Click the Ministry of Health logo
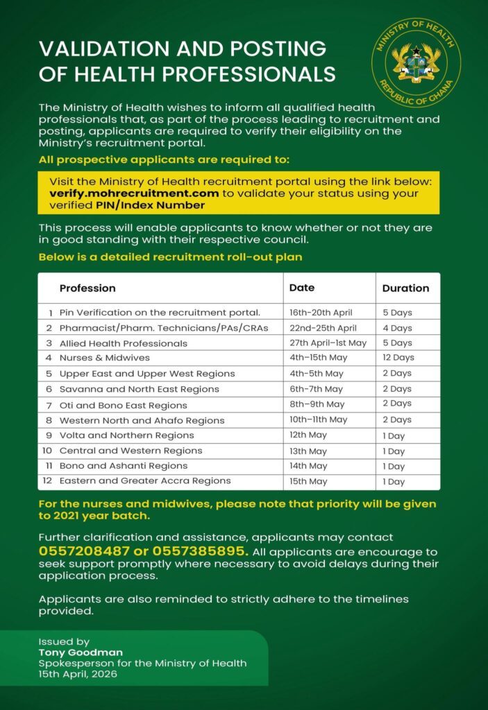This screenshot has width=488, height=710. click(415, 63)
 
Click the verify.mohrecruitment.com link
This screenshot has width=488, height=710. click(129, 193)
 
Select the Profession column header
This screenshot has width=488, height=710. click(87, 288)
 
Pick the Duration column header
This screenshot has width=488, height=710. click(405, 288)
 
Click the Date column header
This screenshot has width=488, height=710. click(302, 288)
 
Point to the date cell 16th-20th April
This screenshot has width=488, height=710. click(321, 313)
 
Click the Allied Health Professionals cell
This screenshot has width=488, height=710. click(123, 343)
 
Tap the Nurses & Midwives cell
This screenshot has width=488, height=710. click(104, 358)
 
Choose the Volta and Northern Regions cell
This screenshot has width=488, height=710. click(126, 435)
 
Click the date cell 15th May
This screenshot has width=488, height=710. click(308, 481)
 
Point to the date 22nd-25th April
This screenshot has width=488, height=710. click(323, 328)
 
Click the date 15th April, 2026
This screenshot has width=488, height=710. click(78, 673)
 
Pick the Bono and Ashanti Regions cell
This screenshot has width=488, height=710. click(124, 466)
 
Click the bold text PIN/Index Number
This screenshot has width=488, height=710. click(150, 205)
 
